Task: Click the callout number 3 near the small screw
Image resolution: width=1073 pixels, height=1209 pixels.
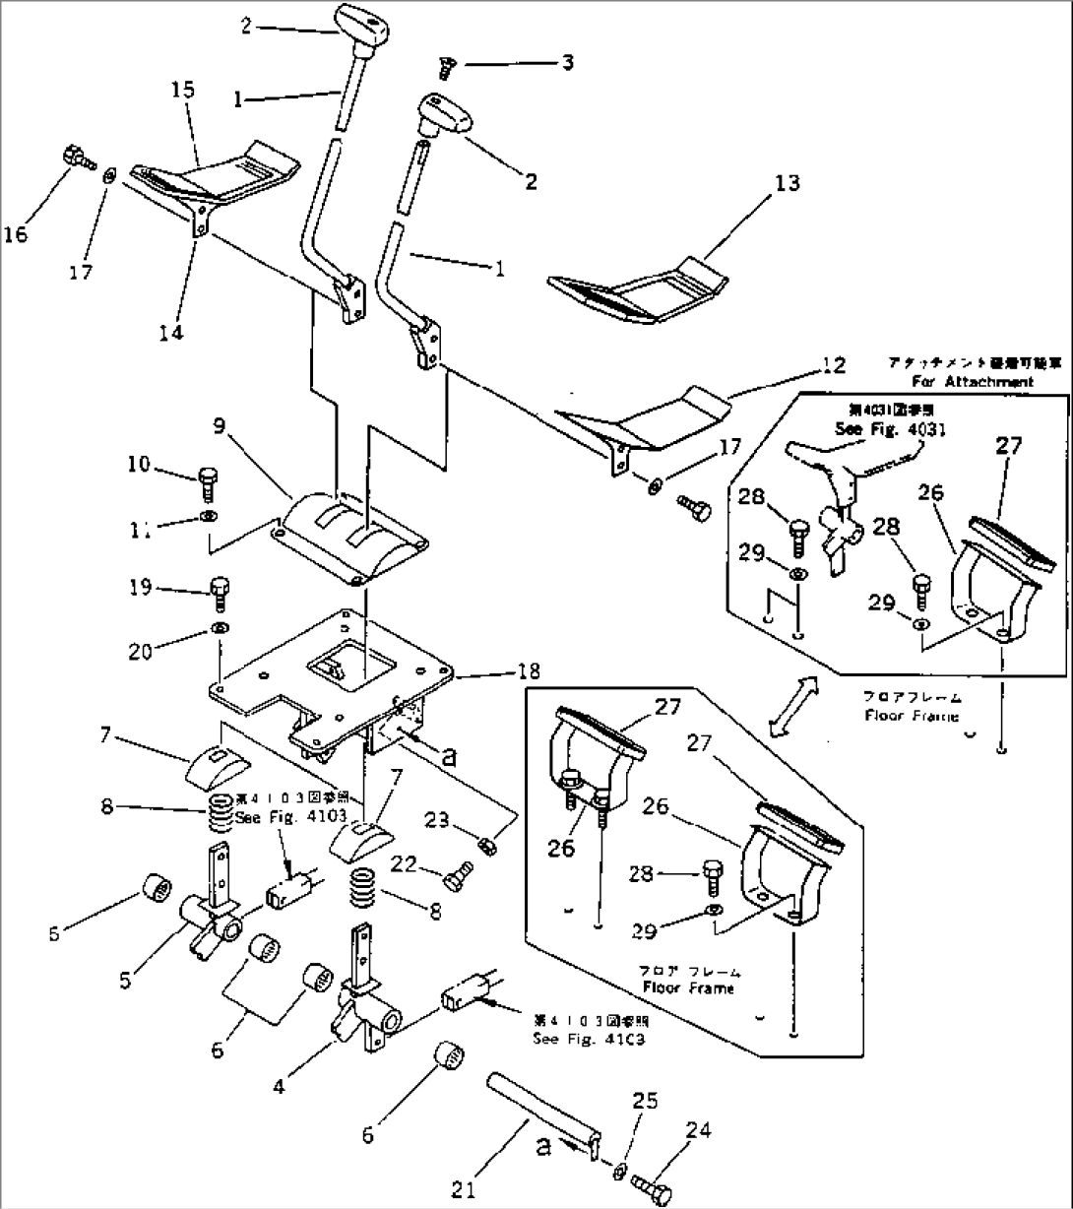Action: pyautogui.click(x=567, y=64)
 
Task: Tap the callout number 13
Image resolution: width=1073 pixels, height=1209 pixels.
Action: pyautogui.click(x=787, y=183)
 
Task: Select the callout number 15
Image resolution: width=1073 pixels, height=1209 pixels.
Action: pyautogui.click(x=183, y=91)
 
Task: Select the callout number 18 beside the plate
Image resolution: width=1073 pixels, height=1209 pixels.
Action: pyautogui.click(x=528, y=671)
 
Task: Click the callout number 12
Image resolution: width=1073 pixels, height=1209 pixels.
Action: pyautogui.click(x=833, y=365)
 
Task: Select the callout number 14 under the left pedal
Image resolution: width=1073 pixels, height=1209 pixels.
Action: pyautogui.click(x=171, y=332)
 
